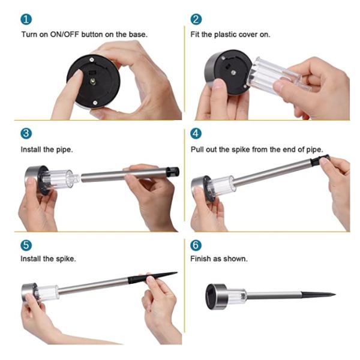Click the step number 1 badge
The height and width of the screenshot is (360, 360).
point(26,19)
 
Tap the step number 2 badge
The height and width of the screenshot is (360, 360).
point(196,19)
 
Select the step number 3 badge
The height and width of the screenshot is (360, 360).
point(26,133)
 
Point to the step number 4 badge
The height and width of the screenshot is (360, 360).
point(196,133)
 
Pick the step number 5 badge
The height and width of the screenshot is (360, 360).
point(26,245)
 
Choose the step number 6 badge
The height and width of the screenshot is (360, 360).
point(196,245)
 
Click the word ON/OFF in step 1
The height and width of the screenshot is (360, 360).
point(64,34)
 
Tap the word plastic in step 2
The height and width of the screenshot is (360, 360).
point(225,35)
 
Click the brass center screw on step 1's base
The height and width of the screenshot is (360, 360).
point(93,81)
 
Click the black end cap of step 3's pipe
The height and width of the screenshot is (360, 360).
point(173,172)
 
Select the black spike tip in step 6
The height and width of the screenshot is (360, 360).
point(318,295)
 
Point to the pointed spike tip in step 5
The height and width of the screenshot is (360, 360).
point(177,272)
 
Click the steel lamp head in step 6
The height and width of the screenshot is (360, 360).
point(217,296)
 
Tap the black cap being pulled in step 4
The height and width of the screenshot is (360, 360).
point(320,159)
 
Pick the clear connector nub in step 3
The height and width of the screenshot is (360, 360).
point(76,178)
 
